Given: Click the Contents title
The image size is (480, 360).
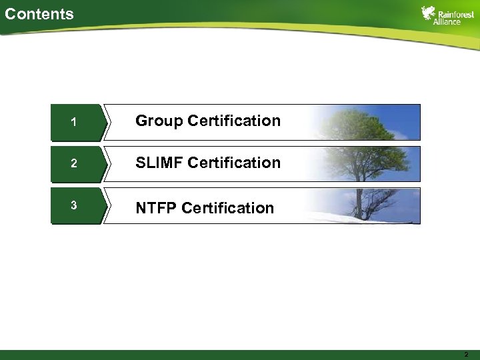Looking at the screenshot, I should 39,13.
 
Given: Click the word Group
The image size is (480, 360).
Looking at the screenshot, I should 159,121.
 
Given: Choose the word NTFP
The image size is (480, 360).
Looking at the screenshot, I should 156,208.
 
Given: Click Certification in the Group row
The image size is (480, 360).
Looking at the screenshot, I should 234,121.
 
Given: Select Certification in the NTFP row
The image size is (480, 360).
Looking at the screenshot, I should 227,208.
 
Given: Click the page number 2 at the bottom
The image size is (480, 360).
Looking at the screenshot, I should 466,355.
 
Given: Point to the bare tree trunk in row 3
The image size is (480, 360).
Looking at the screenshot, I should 359,203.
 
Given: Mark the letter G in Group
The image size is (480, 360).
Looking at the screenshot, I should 141,121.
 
